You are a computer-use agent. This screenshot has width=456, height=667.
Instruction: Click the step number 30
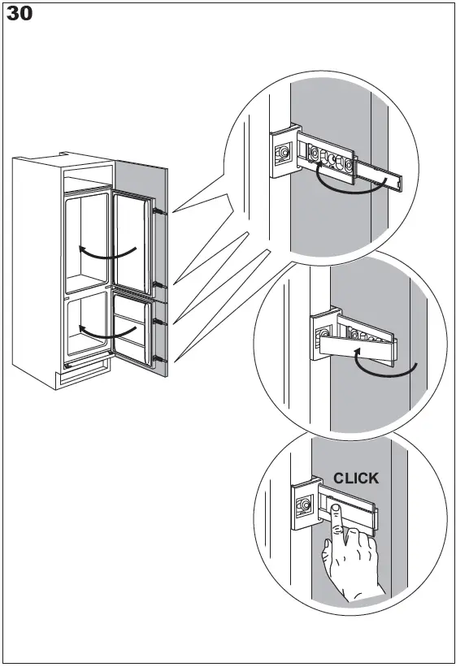coord(20,14)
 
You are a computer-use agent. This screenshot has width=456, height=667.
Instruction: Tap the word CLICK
coord(356,479)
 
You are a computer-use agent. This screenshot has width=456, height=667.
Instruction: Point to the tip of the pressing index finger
coord(334,509)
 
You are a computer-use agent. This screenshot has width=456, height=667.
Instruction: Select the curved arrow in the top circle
coord(349,184)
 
